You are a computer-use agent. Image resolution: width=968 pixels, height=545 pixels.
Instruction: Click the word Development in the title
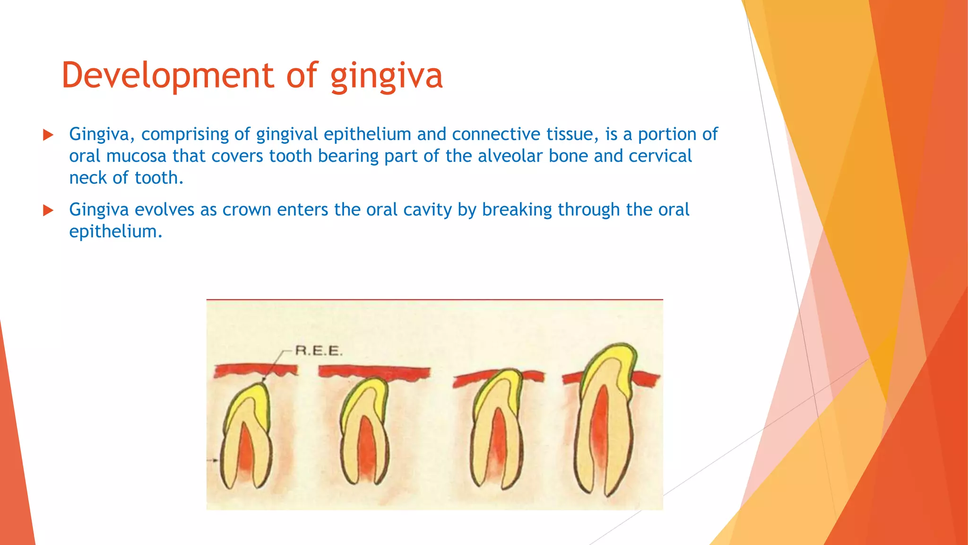click(168, 76)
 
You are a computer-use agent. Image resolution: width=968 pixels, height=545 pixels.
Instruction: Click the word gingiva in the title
click(386, 77)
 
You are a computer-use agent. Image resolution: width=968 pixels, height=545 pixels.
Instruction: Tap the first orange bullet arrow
click(48, 135)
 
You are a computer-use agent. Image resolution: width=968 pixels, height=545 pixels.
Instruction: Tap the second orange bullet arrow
click(48, 210)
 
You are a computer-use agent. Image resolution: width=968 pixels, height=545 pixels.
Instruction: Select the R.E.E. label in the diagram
click(319, 351)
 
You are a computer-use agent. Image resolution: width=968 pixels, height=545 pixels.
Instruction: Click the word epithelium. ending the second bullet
click(115, 232)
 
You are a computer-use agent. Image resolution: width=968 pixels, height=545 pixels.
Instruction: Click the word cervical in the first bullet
click(660, 156)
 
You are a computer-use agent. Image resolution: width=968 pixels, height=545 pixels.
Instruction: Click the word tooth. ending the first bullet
click(159, 178)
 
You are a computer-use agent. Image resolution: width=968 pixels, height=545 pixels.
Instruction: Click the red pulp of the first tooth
click(245, 449)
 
